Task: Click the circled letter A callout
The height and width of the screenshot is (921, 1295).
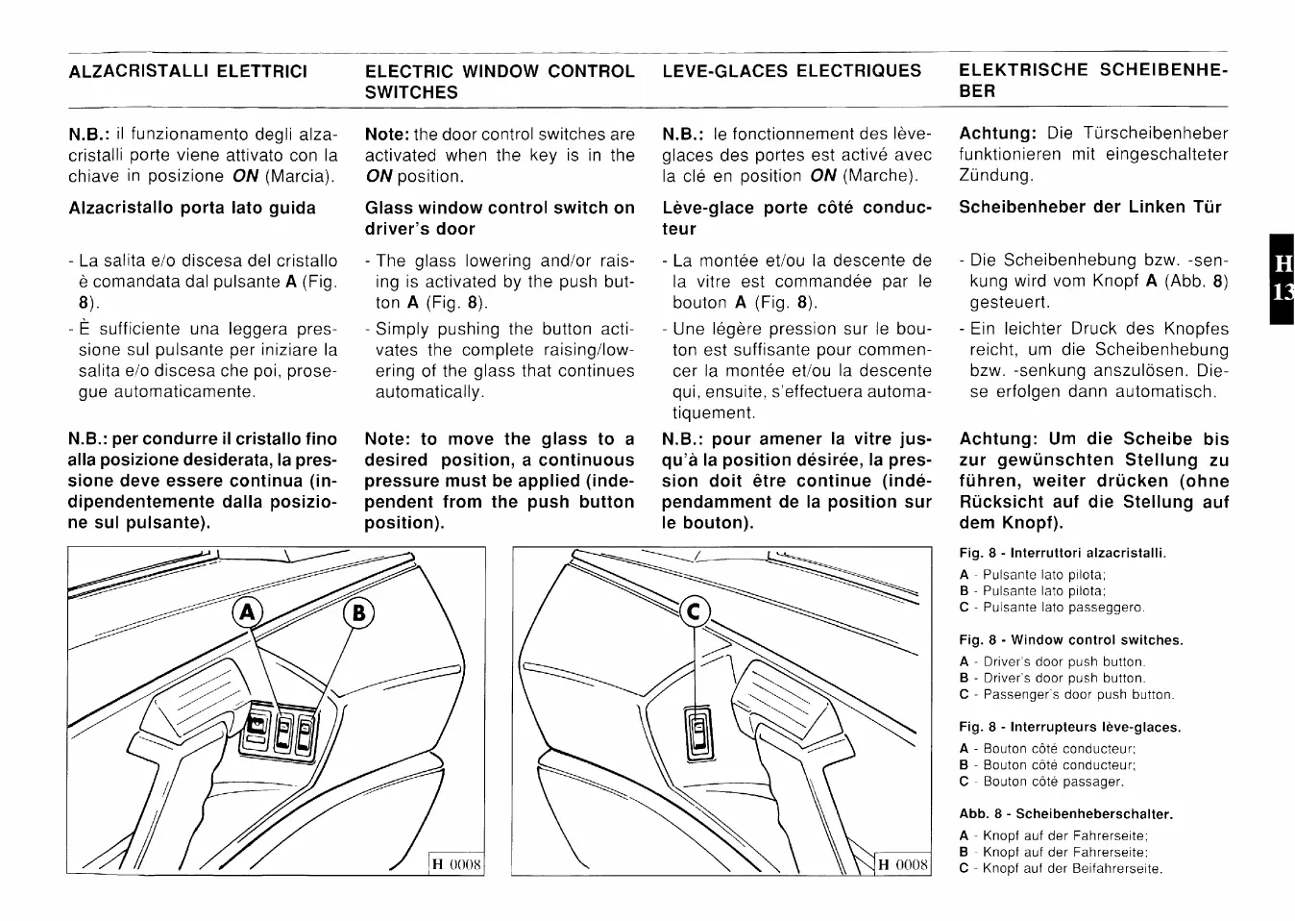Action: click(x=248, y=611)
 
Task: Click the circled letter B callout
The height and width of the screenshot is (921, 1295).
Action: click(x=357, y=612)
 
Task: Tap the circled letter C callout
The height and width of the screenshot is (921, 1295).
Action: click(x=694, y=610)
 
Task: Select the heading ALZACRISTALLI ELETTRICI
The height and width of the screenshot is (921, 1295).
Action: click(x=188, y=71)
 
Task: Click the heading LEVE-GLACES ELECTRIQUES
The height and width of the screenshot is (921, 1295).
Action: click(x=792, y=71)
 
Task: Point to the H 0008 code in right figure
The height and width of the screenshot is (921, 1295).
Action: click(x=903, y=864)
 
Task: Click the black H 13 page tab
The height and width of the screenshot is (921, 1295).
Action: click(x=1282, y=279)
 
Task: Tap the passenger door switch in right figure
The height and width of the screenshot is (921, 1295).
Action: click(x=699, y=733)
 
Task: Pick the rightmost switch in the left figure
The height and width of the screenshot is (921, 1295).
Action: click(x=305, y=733)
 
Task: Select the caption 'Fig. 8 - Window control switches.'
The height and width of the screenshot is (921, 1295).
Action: click(x=1071, y=640)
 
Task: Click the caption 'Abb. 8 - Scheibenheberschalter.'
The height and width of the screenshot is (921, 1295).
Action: click(x=1066, y=814)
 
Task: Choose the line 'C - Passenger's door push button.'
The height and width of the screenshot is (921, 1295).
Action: click(x=1066, y=694)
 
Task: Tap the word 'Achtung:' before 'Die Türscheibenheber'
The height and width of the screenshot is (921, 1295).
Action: click(x=997, y=134)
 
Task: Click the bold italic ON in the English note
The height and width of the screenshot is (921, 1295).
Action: click(x=379, y=177)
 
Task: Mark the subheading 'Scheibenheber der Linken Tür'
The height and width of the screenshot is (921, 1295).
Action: click(x=1090, y=207)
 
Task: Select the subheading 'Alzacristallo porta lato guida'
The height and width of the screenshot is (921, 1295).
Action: click(x=192, y=208)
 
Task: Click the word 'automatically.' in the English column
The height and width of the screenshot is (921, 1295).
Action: click(x=429, y=392)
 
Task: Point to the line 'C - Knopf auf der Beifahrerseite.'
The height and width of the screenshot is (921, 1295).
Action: click(x=1061, y=868)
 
